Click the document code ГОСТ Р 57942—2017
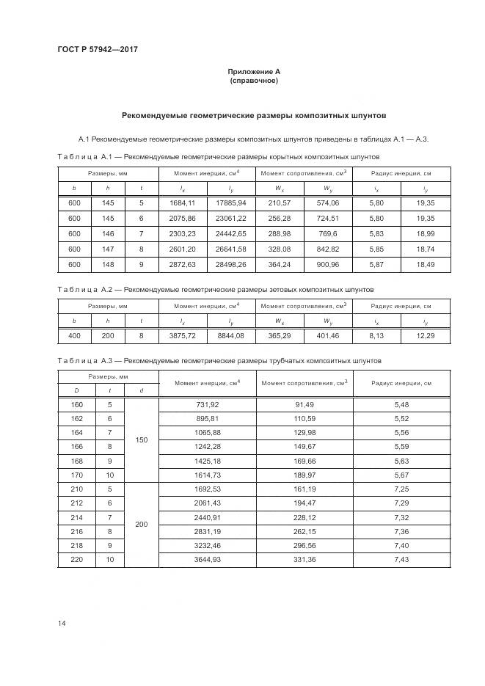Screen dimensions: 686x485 point(98,50)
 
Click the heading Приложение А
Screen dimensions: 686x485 point(254,71)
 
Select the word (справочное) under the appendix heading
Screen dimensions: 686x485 point(254,81)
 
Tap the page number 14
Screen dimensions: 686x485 point(62,623)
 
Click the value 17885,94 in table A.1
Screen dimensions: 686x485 point(231,203)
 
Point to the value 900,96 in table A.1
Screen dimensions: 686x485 point(328,264)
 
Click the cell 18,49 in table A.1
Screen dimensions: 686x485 point(426,264)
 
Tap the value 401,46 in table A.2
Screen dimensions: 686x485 point(328,335)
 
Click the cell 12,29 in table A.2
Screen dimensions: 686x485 point(426,335)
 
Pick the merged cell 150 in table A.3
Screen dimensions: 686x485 point(142,440)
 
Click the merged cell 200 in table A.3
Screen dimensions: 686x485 point(142,525)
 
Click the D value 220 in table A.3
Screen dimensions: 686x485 point(76,560)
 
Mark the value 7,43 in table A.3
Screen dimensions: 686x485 point(401,560)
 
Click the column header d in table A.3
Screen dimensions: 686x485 point(142,390)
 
